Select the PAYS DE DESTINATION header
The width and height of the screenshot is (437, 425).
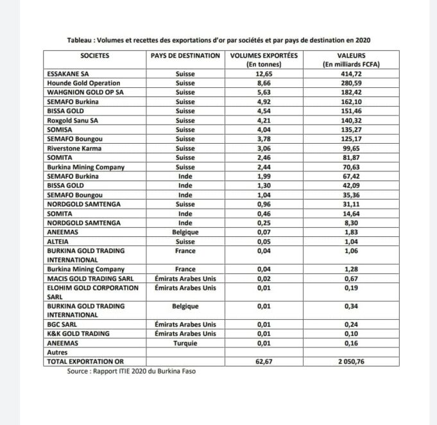coord(185,56)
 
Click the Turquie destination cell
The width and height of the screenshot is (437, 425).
coord(185,343)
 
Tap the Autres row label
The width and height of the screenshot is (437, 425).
coord(58,352)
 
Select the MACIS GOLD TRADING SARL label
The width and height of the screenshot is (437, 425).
coord(85,278)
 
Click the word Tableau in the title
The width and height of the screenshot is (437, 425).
coord(81,40)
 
